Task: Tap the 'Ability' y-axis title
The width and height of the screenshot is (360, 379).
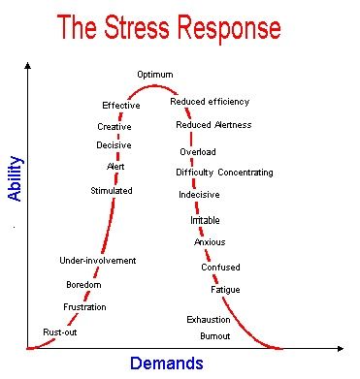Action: tap(15, 178)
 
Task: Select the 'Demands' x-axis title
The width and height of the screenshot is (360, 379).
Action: tap(166, 363)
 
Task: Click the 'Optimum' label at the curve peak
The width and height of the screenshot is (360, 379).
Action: tap(155, 75)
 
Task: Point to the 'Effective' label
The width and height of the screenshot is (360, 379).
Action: tap(121, 105)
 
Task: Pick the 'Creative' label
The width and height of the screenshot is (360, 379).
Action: tap(115, 126)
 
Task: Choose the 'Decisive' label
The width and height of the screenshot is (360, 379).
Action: tap(114, 145)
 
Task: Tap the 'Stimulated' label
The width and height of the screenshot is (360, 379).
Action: tap(112, 191)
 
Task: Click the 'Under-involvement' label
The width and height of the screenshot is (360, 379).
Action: tap(97, 260)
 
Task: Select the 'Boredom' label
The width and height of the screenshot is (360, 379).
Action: tap(83, 285)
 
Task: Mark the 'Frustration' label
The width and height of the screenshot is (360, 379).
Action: tap(84, 307)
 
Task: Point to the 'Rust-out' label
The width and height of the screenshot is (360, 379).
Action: tap(60, 332)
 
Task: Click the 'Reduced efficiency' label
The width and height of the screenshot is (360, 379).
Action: tap(210, 101)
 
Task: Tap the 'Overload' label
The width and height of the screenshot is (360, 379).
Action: tap(198, 152)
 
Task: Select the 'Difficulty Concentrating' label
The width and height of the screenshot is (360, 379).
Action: tap(224, 173)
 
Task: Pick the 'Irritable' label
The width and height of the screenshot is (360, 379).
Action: tap(205, 221)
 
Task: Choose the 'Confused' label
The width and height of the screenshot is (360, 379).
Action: tap(220, 268)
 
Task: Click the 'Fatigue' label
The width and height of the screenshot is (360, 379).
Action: tap(225, 290)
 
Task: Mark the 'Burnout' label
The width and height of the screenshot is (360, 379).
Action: tap(215, 335)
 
